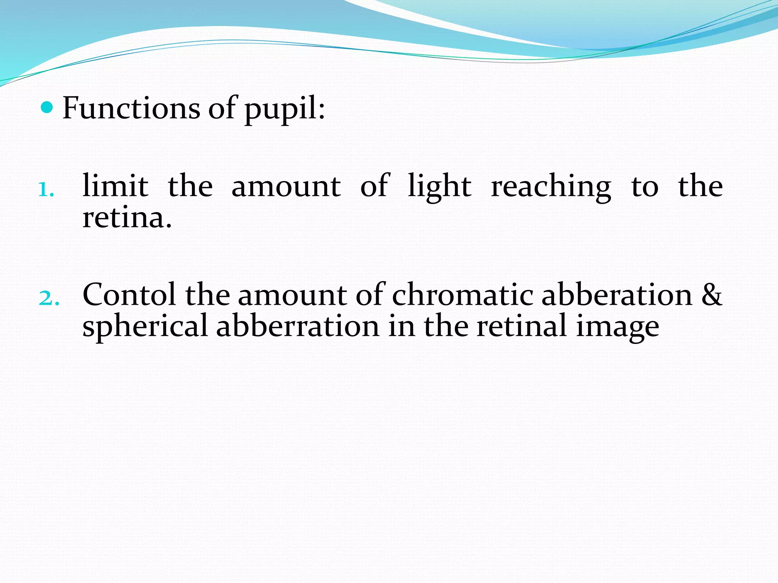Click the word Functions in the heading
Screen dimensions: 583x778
pyautogui.click(x=131, y=108)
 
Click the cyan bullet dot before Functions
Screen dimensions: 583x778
pyautogui.click(x=47, y=108)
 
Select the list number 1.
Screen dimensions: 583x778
pyautogui.click(x=46, y=189)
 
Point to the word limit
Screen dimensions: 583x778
pyautogui.click(x=115, y=186)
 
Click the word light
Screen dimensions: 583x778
pyautogui.click(x=439, y=187)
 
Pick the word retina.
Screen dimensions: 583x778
pyautogui.click(x=127, y=219)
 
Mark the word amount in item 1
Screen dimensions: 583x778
pyautogui.click(x=286, y=187)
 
